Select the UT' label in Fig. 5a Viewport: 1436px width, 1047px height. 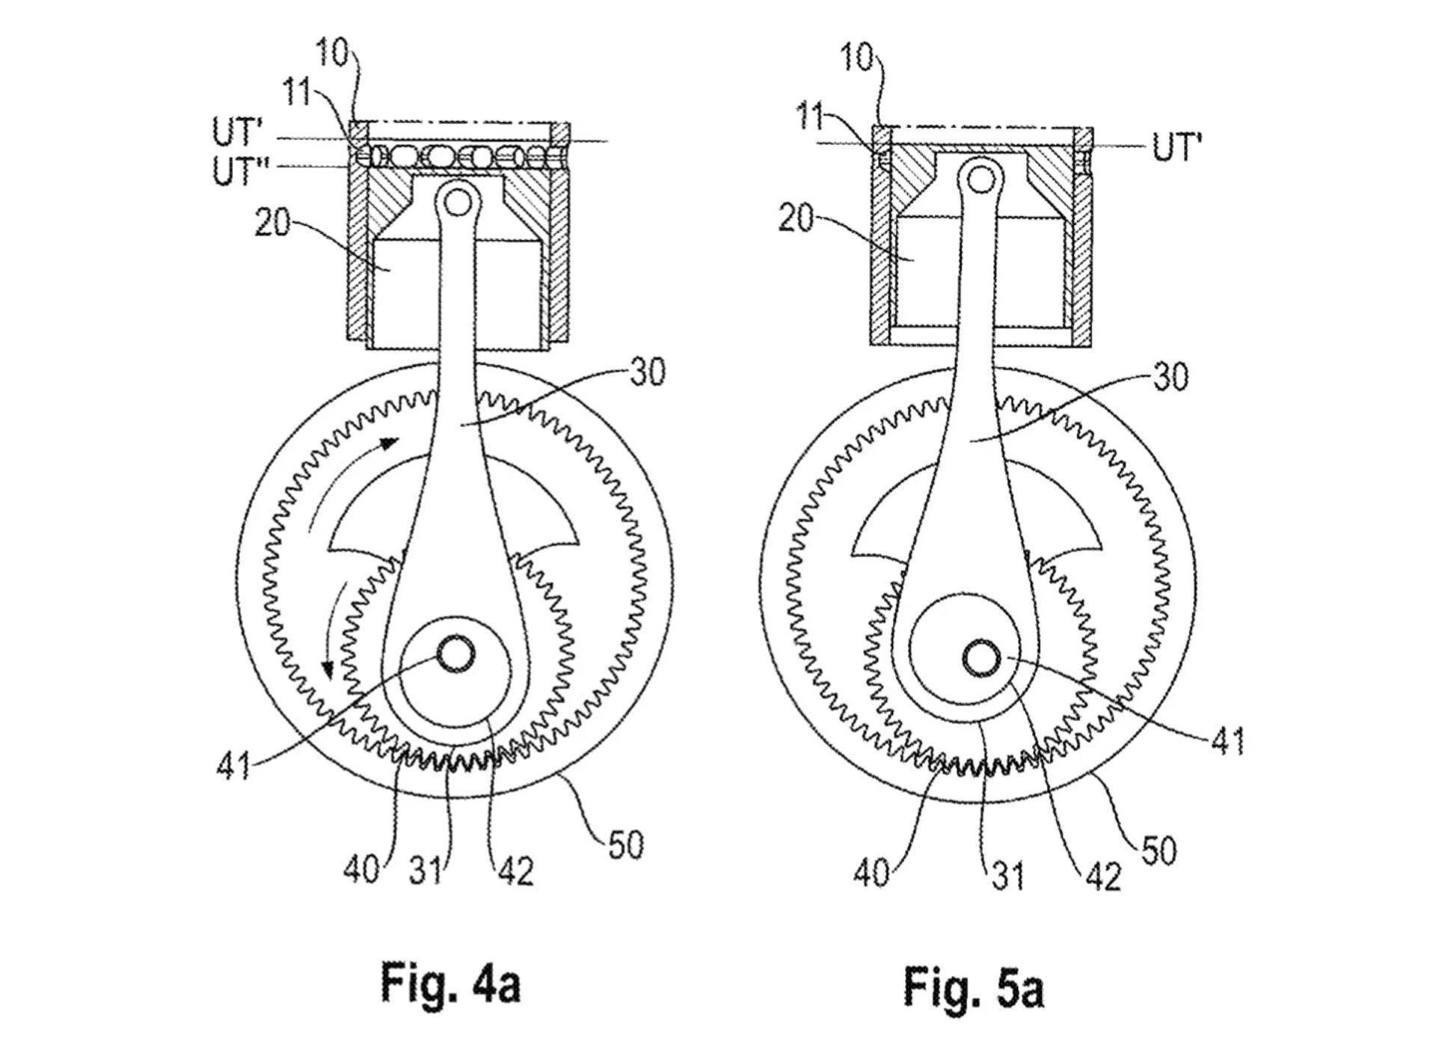[x=1176, y=147]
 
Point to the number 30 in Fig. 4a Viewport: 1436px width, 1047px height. [x=647, y=372]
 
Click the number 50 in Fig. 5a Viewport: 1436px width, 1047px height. [x=1158, y=850]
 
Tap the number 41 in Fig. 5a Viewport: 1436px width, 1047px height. [x=1227, y=740]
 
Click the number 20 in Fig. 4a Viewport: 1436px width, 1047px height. [x=273, y=222]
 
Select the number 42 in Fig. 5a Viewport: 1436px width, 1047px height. [x=1103, y=876]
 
